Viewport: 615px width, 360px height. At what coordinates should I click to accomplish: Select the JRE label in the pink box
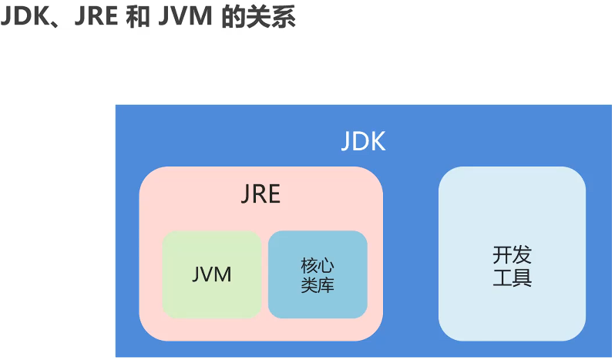(x=260, y=195)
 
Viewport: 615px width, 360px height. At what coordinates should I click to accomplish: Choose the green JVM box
(x=211, y=274)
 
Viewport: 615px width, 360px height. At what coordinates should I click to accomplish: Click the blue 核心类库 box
(x=318, y=274)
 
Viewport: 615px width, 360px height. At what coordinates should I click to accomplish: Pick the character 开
(x=502, y=255)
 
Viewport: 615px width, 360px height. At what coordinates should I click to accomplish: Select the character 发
(x=522, y=255)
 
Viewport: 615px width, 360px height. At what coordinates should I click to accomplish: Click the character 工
(x=502, y=277)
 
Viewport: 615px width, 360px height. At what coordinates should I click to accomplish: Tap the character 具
(x=522, y=277)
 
